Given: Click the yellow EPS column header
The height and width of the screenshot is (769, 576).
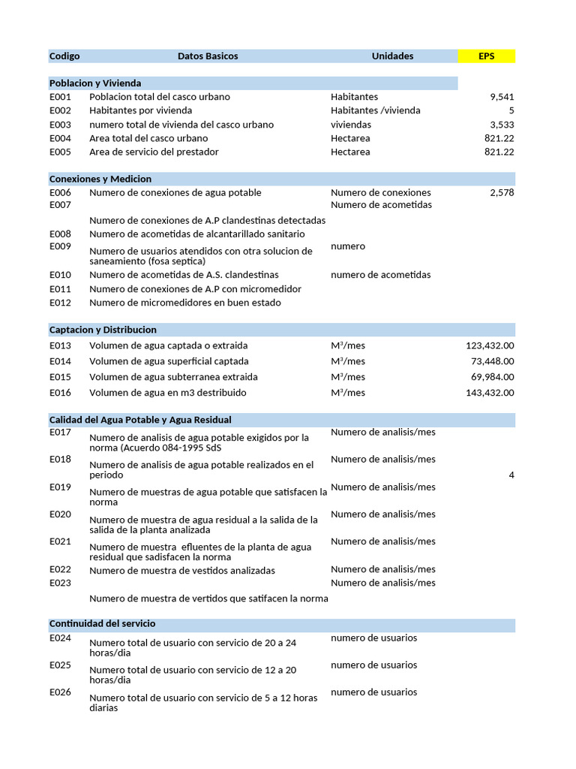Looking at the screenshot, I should coord(487,56).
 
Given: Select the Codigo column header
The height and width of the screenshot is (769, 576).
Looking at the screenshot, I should coord(64,56).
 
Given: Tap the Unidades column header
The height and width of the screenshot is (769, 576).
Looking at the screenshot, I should coord(392,56).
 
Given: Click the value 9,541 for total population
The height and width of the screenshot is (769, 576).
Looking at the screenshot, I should coord(502,97).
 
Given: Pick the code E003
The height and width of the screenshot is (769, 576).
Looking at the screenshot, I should coord(60,125).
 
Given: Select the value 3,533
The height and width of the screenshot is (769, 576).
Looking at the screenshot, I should coord(502,125).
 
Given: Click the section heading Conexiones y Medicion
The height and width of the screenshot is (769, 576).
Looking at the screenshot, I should coord(100,179).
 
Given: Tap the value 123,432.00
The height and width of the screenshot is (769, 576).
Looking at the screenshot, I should coord(490,346).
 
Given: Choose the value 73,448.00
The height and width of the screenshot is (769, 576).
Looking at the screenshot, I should coord(493,361).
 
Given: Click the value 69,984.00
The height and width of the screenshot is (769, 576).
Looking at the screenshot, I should coord(493,377).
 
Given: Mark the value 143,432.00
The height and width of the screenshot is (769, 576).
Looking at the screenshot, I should coord(490,393).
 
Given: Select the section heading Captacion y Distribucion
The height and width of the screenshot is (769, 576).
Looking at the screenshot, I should coord(103,330).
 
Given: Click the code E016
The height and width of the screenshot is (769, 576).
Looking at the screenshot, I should coord(60,393).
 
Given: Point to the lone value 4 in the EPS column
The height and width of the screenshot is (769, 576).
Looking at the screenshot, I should coord(511,475).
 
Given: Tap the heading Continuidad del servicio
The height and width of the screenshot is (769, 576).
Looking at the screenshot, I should coord(102,624).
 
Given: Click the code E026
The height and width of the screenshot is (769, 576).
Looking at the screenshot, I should coord(60,692).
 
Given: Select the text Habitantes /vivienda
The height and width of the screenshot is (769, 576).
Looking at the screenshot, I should coord(375,110).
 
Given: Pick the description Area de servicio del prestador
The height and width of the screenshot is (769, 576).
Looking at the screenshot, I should coord(154,152).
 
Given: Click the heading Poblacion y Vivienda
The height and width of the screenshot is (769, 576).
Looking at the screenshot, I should coord(95,83).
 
